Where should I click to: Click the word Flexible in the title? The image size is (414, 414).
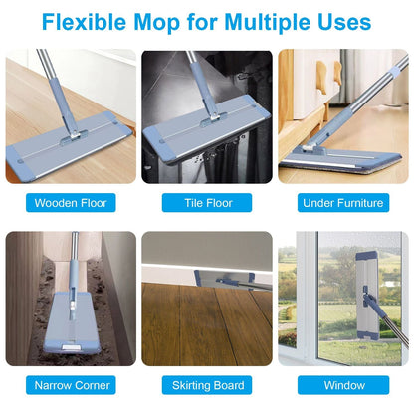click(x=84, y=22)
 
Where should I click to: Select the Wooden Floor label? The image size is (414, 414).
click(x=71, y=203)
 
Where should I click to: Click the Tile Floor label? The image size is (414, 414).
click(x=207, y=203)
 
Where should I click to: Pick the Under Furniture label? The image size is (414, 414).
click(x=343, y=203)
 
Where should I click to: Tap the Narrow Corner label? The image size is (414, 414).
click(x=71, y=385)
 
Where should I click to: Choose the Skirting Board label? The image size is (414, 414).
click(x=207, y=385)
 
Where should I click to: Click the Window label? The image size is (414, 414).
click(x=343, y=385)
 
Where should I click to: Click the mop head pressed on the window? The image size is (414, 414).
click(x=367, y=296)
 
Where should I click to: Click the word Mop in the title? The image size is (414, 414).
click(x=157, y=23)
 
